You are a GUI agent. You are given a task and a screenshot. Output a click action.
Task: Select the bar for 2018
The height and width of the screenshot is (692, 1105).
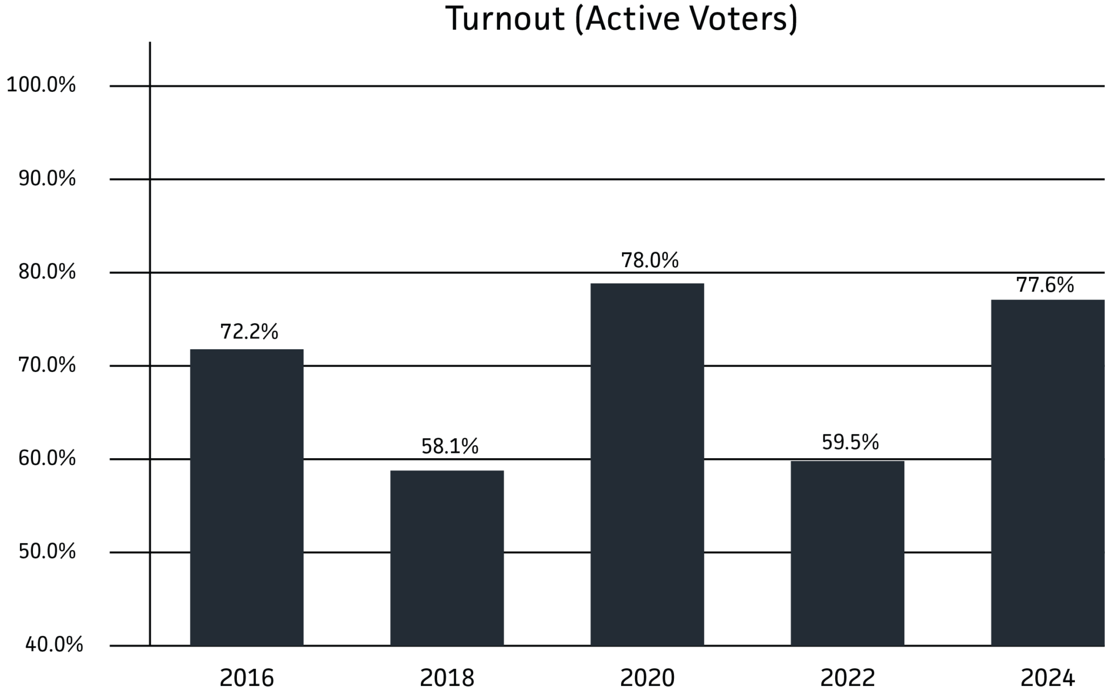pyautogui.click(x=447, y=558)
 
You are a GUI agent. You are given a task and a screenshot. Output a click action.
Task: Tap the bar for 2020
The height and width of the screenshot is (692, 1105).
pyautogui.click(x=647, y=464)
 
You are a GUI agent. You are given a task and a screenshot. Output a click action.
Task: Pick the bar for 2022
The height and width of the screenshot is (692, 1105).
pyautogui.click(x=847, y=553)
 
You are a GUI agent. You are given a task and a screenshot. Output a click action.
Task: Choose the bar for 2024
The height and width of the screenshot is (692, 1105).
pyautogui.click(x=1047, y=472)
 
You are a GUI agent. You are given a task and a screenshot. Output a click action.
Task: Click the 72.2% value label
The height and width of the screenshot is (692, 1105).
pyautogui.click(x=249, y=331)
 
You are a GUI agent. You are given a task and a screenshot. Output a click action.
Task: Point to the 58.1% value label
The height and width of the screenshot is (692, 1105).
pyautogui.click(x=449, y=446)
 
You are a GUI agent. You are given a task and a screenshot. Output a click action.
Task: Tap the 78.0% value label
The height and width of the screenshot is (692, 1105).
pyautogui.click(x=650, y=260)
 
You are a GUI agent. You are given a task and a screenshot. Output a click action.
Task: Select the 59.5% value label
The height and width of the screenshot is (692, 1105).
pyautogui.click(x=850, y=442)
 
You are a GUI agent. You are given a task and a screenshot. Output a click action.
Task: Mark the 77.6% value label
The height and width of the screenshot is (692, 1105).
pyautogui.click(x=1045, y=285)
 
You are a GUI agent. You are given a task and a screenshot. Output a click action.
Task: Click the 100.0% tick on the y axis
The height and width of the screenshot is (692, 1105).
pyautogui.click(x=41, y=85)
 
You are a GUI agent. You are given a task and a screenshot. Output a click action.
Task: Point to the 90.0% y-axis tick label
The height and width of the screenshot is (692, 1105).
pyautogui.click(x=47, y=179)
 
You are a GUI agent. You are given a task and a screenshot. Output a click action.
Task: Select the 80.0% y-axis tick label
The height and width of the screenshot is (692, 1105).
pyautogui.click(x=47, y=272)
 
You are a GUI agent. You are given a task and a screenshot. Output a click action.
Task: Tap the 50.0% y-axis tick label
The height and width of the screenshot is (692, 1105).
pyautogui.click(x=47, y=552)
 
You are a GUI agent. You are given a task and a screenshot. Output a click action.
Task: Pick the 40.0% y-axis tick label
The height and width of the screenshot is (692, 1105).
pyautogui.click(x=54, y=644)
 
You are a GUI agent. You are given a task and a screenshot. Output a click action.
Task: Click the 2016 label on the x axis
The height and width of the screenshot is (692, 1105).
pyautogui.click(x=247, y=677)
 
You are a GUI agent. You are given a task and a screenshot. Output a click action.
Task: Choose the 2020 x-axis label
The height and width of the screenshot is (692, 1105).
pyautogui.click(x=647, y=677)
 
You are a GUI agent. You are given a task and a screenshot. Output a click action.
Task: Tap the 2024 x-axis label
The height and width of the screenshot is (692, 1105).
pyautogui.click(x=1048, y=677)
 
